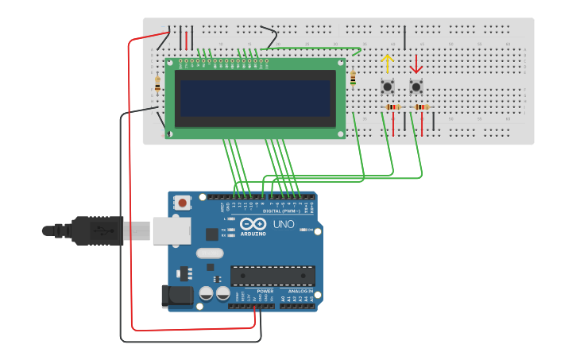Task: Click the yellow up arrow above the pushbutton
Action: [x=387, y=63]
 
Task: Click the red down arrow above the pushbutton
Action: [x=416, y=63]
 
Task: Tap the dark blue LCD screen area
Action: [x=255, y=97]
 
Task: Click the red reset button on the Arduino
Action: [x=183, y=203]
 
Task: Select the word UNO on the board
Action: [x=284, y=224]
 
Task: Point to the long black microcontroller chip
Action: [x=273, y=276]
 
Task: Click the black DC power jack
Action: [x=176, y=296]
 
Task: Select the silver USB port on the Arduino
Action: [x=172, y=230]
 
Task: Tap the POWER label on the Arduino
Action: [x=265, y=291]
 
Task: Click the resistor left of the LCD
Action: [x=157, y=83]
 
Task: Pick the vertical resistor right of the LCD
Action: [x=353, y=77]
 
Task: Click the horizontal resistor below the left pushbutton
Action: [x=392, y=107]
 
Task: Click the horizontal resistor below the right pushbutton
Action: [x=421, y=107]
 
